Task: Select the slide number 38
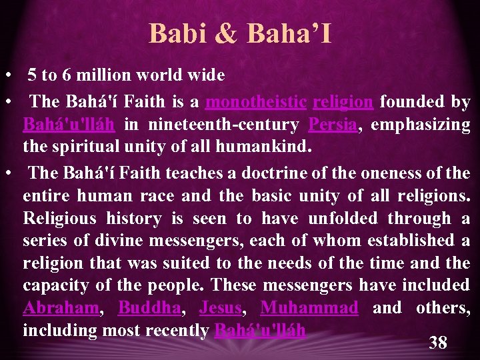point(438,343)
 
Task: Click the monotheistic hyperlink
point(256,102)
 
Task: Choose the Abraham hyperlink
point(61,308)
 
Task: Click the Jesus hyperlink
point(220,308)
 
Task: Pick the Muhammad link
point(309,308)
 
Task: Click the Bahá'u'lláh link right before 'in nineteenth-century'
point(69,125)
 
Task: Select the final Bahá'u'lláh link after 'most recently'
point(260,331)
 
